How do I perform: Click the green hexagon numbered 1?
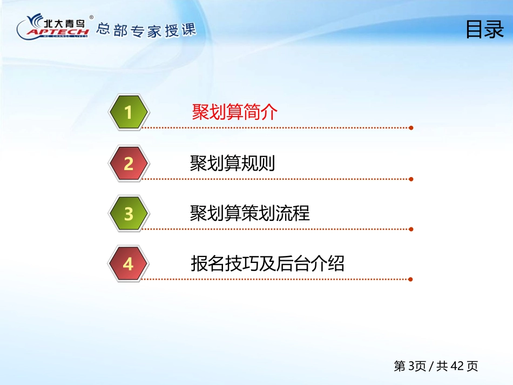[129, 112]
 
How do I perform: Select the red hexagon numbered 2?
[129, 164]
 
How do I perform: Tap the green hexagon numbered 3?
[129, 214]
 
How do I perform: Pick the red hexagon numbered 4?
[129, 264]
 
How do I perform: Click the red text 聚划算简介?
[234, 112]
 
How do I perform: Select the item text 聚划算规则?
[232, 163]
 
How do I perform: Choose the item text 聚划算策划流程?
[249, 213]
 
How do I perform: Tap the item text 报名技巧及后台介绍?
[267, 264]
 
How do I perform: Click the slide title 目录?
[484, 30]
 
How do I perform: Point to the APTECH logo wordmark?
[58, 32]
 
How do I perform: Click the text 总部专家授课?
[146, 30]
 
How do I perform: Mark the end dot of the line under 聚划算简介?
[411, 128]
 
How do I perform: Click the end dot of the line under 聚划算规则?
[411, 179]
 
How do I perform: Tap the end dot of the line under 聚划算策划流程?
[411, 229]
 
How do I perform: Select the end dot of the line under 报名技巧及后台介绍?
[411, 279]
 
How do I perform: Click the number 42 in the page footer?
[457, 366]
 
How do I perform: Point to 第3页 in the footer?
[410, 366]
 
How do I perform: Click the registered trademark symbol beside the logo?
[91, 17]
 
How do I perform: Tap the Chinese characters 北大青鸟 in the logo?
[64, 23]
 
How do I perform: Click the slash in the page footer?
[431, 366]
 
